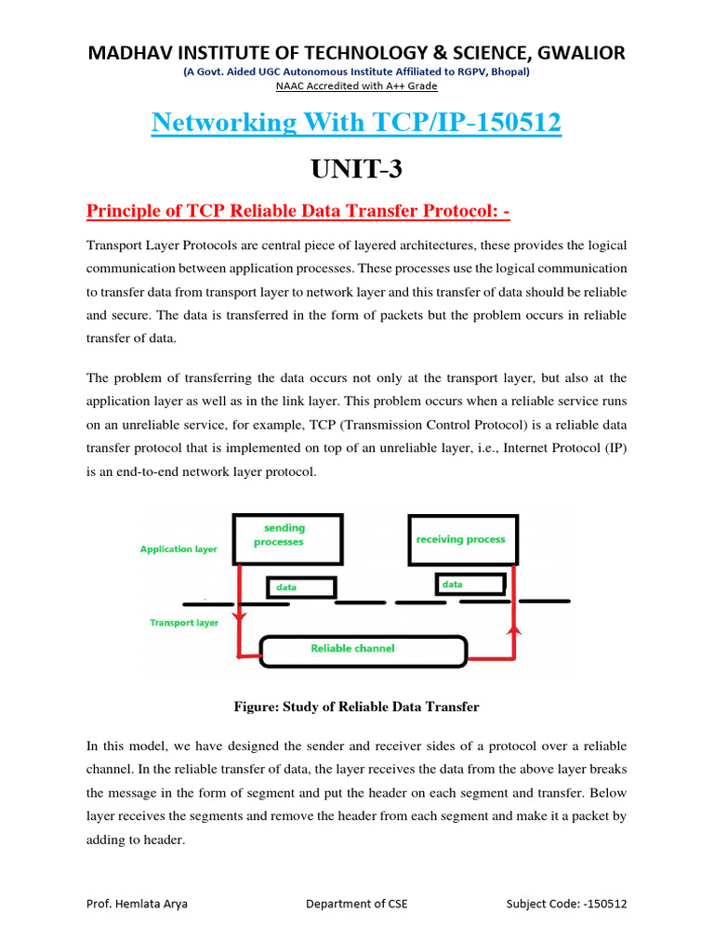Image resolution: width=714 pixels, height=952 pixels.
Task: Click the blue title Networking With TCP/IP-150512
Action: [x=356, y=123]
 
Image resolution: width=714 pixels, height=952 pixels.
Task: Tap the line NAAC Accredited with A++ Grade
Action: [x=356, y=86]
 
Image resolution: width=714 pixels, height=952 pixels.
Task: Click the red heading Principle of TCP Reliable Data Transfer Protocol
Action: [x=298, y=213]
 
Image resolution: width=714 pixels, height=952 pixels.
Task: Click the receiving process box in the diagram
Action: [x=460, y=539]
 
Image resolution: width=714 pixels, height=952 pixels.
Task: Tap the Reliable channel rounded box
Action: [x=363, y=649]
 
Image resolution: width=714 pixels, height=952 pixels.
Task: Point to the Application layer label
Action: [x=178, y=549]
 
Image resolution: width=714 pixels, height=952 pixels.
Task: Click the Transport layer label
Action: [x=184, y=623]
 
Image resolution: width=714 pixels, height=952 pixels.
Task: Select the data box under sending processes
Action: [x=301, y=588]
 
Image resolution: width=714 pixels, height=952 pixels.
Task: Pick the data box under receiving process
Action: [x=470, y=584]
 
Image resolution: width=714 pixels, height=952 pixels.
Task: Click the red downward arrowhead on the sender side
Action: [x=239, y=616]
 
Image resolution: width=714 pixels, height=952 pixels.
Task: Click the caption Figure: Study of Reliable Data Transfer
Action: [x=356, y=707]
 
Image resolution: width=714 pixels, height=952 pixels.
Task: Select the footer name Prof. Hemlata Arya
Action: [x=137, y=904]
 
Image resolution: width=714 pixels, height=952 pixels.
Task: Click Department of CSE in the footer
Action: [x=356, y=904]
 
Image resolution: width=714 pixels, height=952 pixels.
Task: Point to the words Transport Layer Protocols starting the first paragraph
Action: [x=159, y=245]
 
